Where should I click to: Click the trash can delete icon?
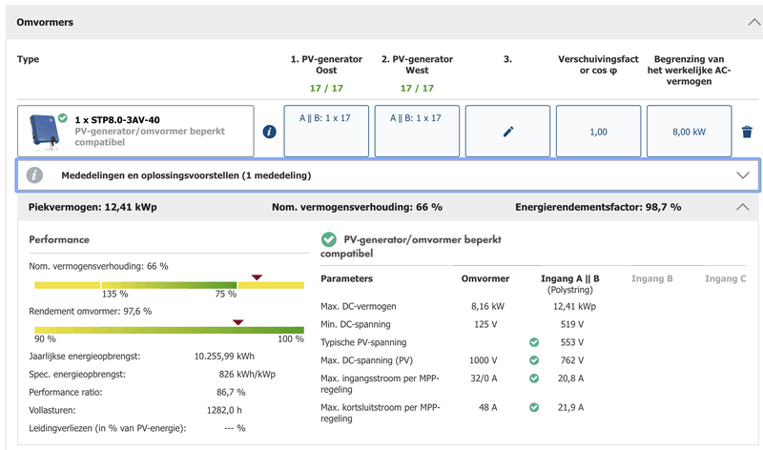click(747, 132)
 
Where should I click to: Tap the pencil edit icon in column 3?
click(507, 132)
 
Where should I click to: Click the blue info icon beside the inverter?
click(269, 132)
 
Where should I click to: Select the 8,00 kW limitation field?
click(688, 132)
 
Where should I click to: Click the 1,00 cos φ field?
click(597, 132)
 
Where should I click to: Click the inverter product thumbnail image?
click(43, 131)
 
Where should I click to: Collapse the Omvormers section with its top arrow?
click(743, 22)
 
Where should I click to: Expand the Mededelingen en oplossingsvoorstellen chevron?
click(743, 175)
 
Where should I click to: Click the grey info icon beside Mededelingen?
click(35, 175)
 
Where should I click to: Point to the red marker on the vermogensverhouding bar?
click(256, 277)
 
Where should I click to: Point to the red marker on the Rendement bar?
click(237, 322)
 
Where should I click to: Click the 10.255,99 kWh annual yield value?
click(224, 356)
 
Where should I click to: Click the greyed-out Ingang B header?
click(652, 278)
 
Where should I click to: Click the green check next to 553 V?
click(534, 341)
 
